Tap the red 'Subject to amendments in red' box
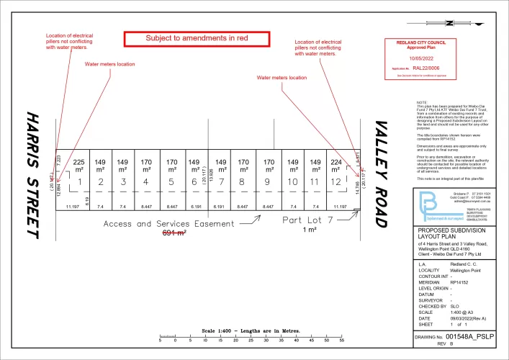[x=196, y=38]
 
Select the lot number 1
[x=80, y=183]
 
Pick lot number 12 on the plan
[x=334, y=183]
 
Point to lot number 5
[x=171, y=183]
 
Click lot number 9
[x=268, y=183]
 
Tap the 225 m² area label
[x=79, y=166]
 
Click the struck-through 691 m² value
[x=173, y=233]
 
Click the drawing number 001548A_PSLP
[x=470, y=336]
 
